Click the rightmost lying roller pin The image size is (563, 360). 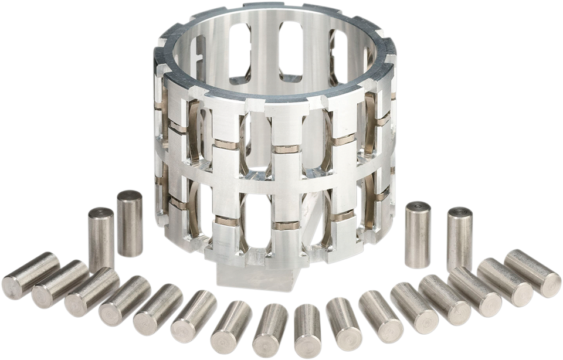(x=533, y=273)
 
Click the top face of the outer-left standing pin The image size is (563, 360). (x=100, y=211)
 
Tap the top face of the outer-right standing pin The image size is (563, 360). (x=460, y=210)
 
